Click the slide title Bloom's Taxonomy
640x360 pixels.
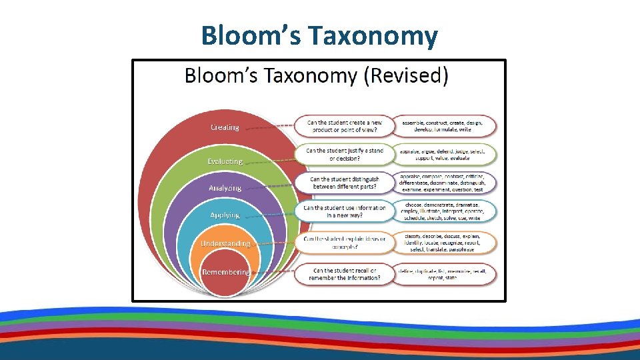pos(319,35)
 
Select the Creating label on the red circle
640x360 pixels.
pos(225,127)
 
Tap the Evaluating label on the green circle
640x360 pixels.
pos(225,161)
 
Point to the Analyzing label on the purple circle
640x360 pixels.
pos(225,188)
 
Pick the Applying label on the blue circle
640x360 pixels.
pos(225,215)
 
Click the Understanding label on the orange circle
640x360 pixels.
pos(225,243)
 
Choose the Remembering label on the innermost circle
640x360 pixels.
pos(225,272)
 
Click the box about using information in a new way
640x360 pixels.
pos(344,211)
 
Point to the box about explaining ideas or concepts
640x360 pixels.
pos(344,243)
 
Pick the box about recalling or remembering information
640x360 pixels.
pos(344,274)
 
